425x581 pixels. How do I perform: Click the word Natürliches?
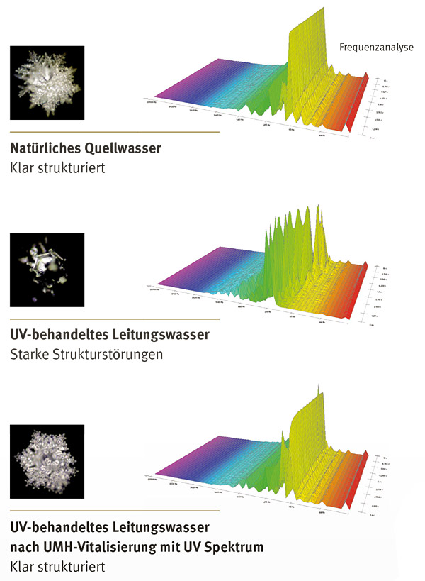click(44, 150)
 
